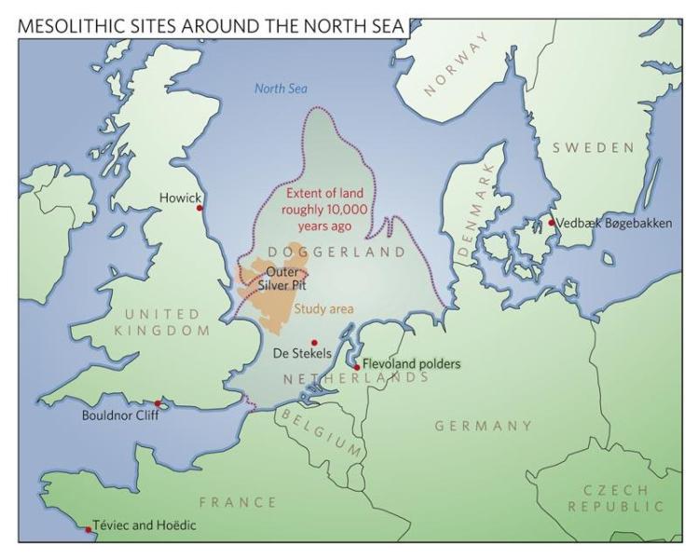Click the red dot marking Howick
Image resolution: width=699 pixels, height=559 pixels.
click(199, 209)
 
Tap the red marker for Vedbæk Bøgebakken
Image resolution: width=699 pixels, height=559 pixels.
click(551, 223)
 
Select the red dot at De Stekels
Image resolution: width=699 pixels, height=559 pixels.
click(314, 343)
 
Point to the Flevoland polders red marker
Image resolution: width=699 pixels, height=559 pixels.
click(357, 367)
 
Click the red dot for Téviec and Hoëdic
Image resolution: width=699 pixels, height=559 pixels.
click(89, 529)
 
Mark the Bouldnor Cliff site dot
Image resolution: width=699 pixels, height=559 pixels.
click(159, 403)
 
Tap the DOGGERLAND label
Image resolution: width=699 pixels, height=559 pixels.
click(336, 252)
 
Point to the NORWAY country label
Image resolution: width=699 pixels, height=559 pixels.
click(456, 64)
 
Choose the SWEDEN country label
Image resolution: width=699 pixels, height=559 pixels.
click(593, 148)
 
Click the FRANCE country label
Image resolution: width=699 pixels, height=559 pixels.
click(238, 502)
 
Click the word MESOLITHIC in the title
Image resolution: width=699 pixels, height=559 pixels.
click(75, 28)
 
